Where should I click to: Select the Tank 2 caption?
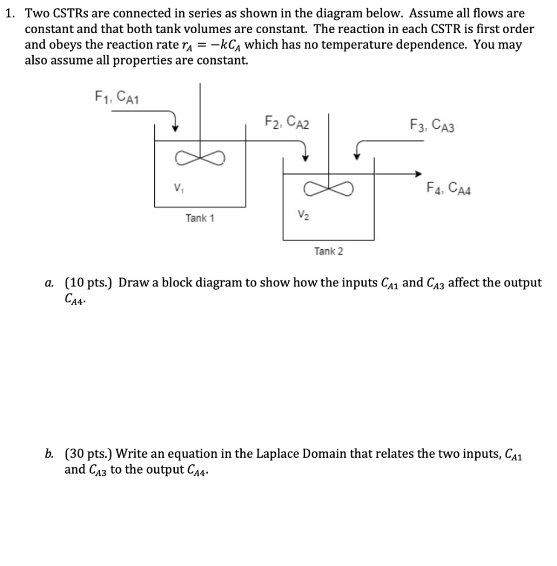[328, 251]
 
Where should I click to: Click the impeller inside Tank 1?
[199, 159]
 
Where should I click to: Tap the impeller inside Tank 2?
[328, 190]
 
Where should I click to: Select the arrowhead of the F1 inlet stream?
[175, 127]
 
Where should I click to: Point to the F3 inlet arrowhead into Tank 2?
[358, 157]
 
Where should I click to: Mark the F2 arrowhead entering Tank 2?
[304, 158]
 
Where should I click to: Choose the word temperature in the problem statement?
[355, 45]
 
